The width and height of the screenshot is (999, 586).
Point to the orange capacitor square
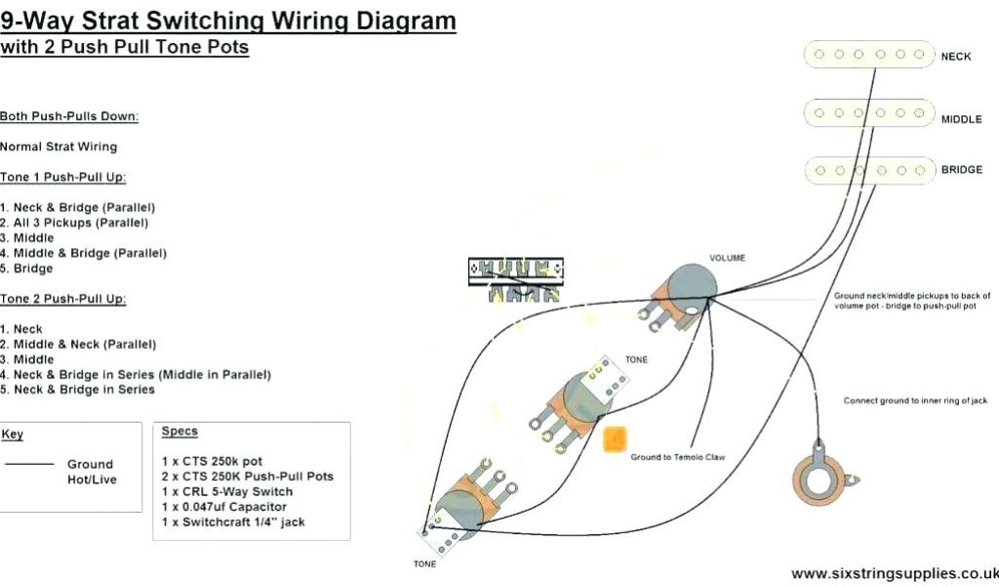coord(615,439)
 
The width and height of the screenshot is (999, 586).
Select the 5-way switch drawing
coord(517,278)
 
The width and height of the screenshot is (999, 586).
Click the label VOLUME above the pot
coord(727,258)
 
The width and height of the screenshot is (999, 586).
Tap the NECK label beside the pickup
coord(955,57)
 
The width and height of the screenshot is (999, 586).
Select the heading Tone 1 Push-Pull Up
coord(63,177)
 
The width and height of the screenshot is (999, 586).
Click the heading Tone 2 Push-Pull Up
coord(63,299)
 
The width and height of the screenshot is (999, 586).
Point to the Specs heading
coord(180,431)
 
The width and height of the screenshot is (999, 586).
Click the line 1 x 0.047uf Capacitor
coord(224,507)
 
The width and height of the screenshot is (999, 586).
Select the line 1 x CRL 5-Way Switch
coord(227,491)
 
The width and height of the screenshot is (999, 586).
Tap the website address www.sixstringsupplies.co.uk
coord(894,573)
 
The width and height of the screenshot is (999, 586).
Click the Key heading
coord(13,435)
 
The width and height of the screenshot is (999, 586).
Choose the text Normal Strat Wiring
coord(59,146)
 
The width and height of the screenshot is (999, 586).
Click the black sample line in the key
coord(29,464)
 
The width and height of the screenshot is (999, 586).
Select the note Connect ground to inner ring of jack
coord(915,400)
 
